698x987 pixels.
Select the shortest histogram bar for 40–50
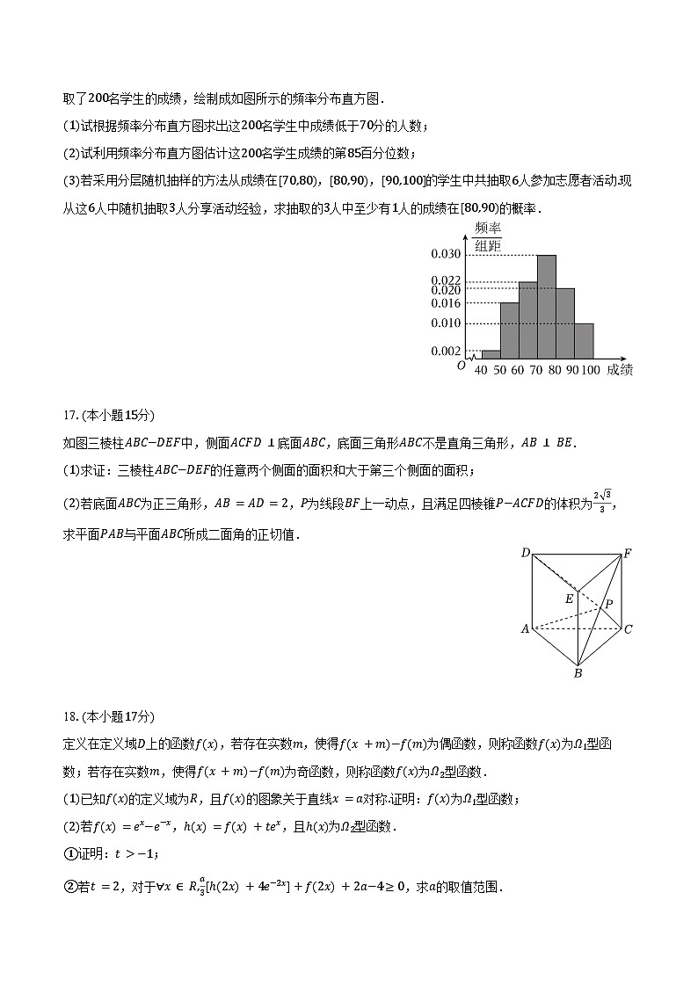coord(491,355)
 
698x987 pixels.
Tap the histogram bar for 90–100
coord(584,341)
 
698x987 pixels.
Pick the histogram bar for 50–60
coord(509,331)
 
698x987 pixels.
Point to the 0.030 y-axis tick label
coord(446,255)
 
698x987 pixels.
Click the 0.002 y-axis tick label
coord(446,352)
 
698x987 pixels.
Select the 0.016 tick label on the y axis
coord(446,303)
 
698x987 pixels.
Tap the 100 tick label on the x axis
coord(590,370)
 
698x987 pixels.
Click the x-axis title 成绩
coord(620,370)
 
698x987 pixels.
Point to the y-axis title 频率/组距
coord(487,238)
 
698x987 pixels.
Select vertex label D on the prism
coord(525,553)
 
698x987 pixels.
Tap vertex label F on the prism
coord(628,554)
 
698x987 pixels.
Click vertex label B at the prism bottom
coord(578,674)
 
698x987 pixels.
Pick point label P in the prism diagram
coord(607,606)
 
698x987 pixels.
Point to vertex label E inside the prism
coord(570,599)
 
